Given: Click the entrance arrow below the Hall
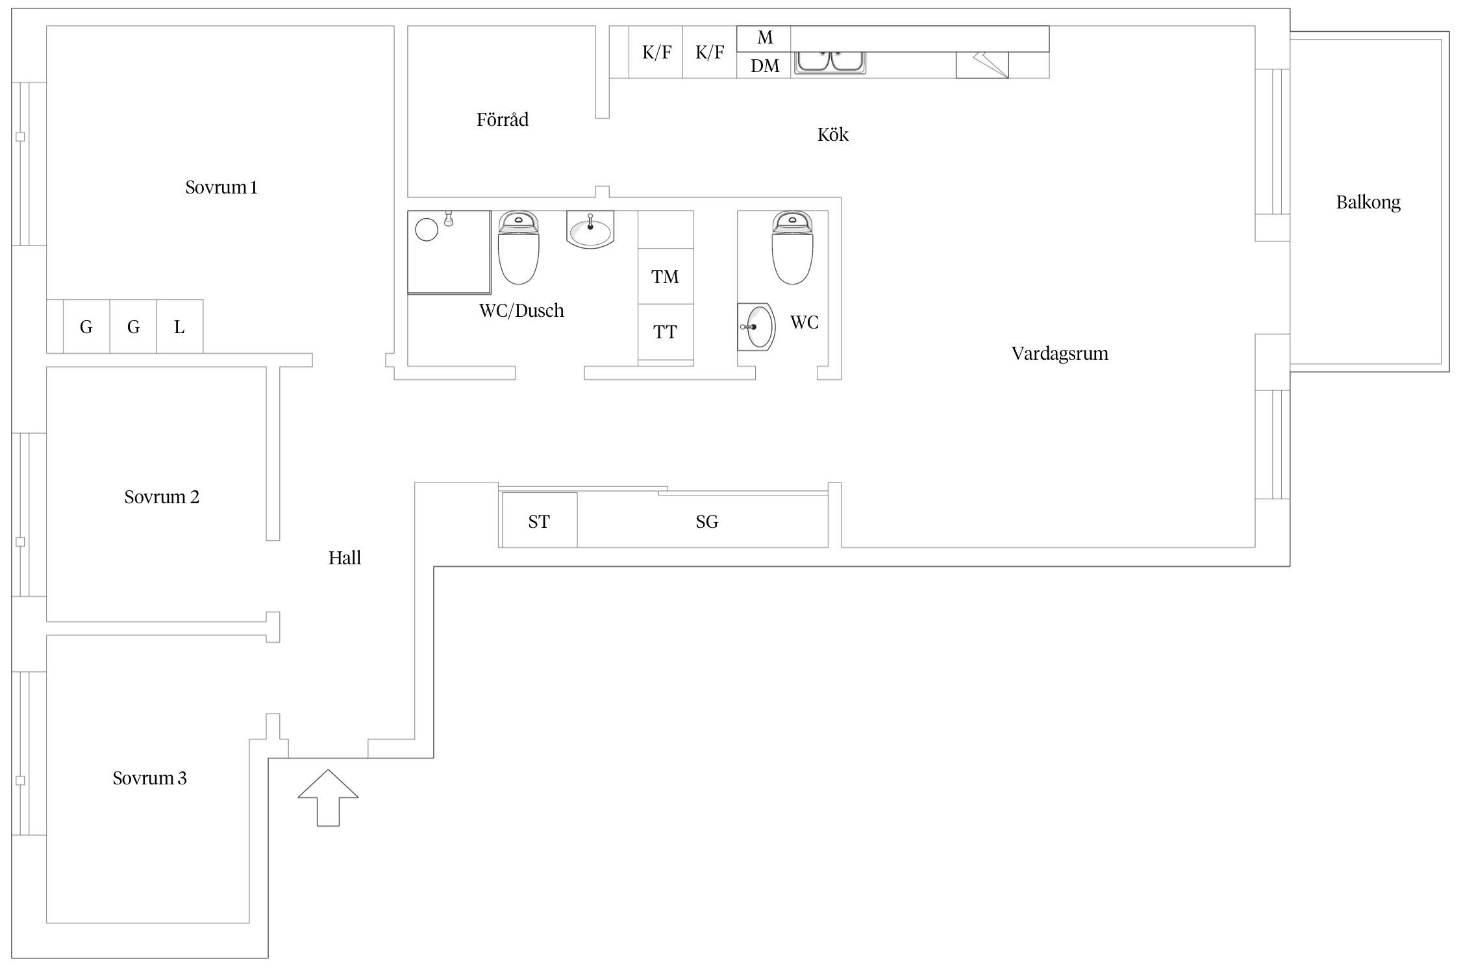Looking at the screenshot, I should tap(328, 798).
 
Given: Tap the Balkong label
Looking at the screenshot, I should tap(1367, 203).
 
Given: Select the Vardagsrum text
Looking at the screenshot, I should tap(1059, 354).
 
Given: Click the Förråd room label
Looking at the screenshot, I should tap(502, 120).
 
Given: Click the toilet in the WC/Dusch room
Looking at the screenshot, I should tap(518, 249).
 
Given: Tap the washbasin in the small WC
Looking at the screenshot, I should tap(757, 327).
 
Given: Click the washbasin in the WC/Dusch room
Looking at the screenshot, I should tap(590, 231).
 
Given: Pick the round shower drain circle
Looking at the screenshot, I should tap(427, 230).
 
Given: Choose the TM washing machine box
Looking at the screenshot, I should tap(665, 277).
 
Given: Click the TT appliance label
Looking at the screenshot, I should tap(665, 332).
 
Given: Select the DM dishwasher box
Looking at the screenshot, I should tap(764, 66).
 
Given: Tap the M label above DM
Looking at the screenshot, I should tap(765, 38).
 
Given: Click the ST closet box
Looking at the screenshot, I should tap(539, 521).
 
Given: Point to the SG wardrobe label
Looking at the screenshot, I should tap(706, 521).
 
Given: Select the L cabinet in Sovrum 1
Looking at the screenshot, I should tap(179, 327).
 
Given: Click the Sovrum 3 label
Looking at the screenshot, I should tap(149, 778).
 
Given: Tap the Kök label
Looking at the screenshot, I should tap(832, 135).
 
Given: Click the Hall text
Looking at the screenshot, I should tap(344, 558).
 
